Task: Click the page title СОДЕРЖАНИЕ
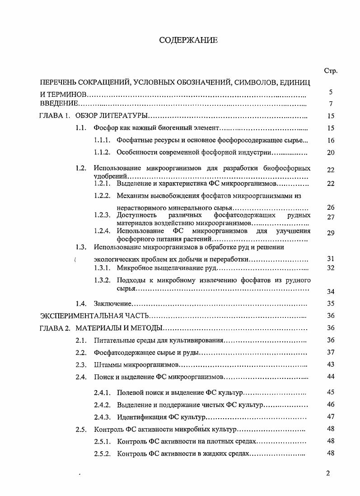tap(188, 41)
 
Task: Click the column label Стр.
tap(331, 71)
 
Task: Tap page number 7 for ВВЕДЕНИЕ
tap(331, 104)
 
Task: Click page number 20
tap(331, 152)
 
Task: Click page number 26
tap(331, 208)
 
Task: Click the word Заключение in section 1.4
tap(112, 303)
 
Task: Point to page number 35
tap(331, 303)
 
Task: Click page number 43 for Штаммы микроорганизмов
tap(331, 364)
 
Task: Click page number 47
tap(331, 416)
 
